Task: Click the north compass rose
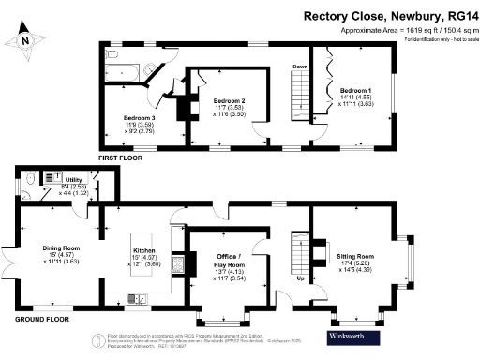tap(25, 40)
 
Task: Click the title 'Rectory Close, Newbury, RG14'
tap(389, 16)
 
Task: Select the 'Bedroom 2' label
tap(229, 100)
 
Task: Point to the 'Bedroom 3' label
tap(138, 119)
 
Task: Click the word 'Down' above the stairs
tap(300, 67)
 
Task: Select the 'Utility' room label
tap(73, 178)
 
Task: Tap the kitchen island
tap(144, 251)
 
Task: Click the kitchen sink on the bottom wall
tap(123, 300)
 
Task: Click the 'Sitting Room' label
tap(354, 256)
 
